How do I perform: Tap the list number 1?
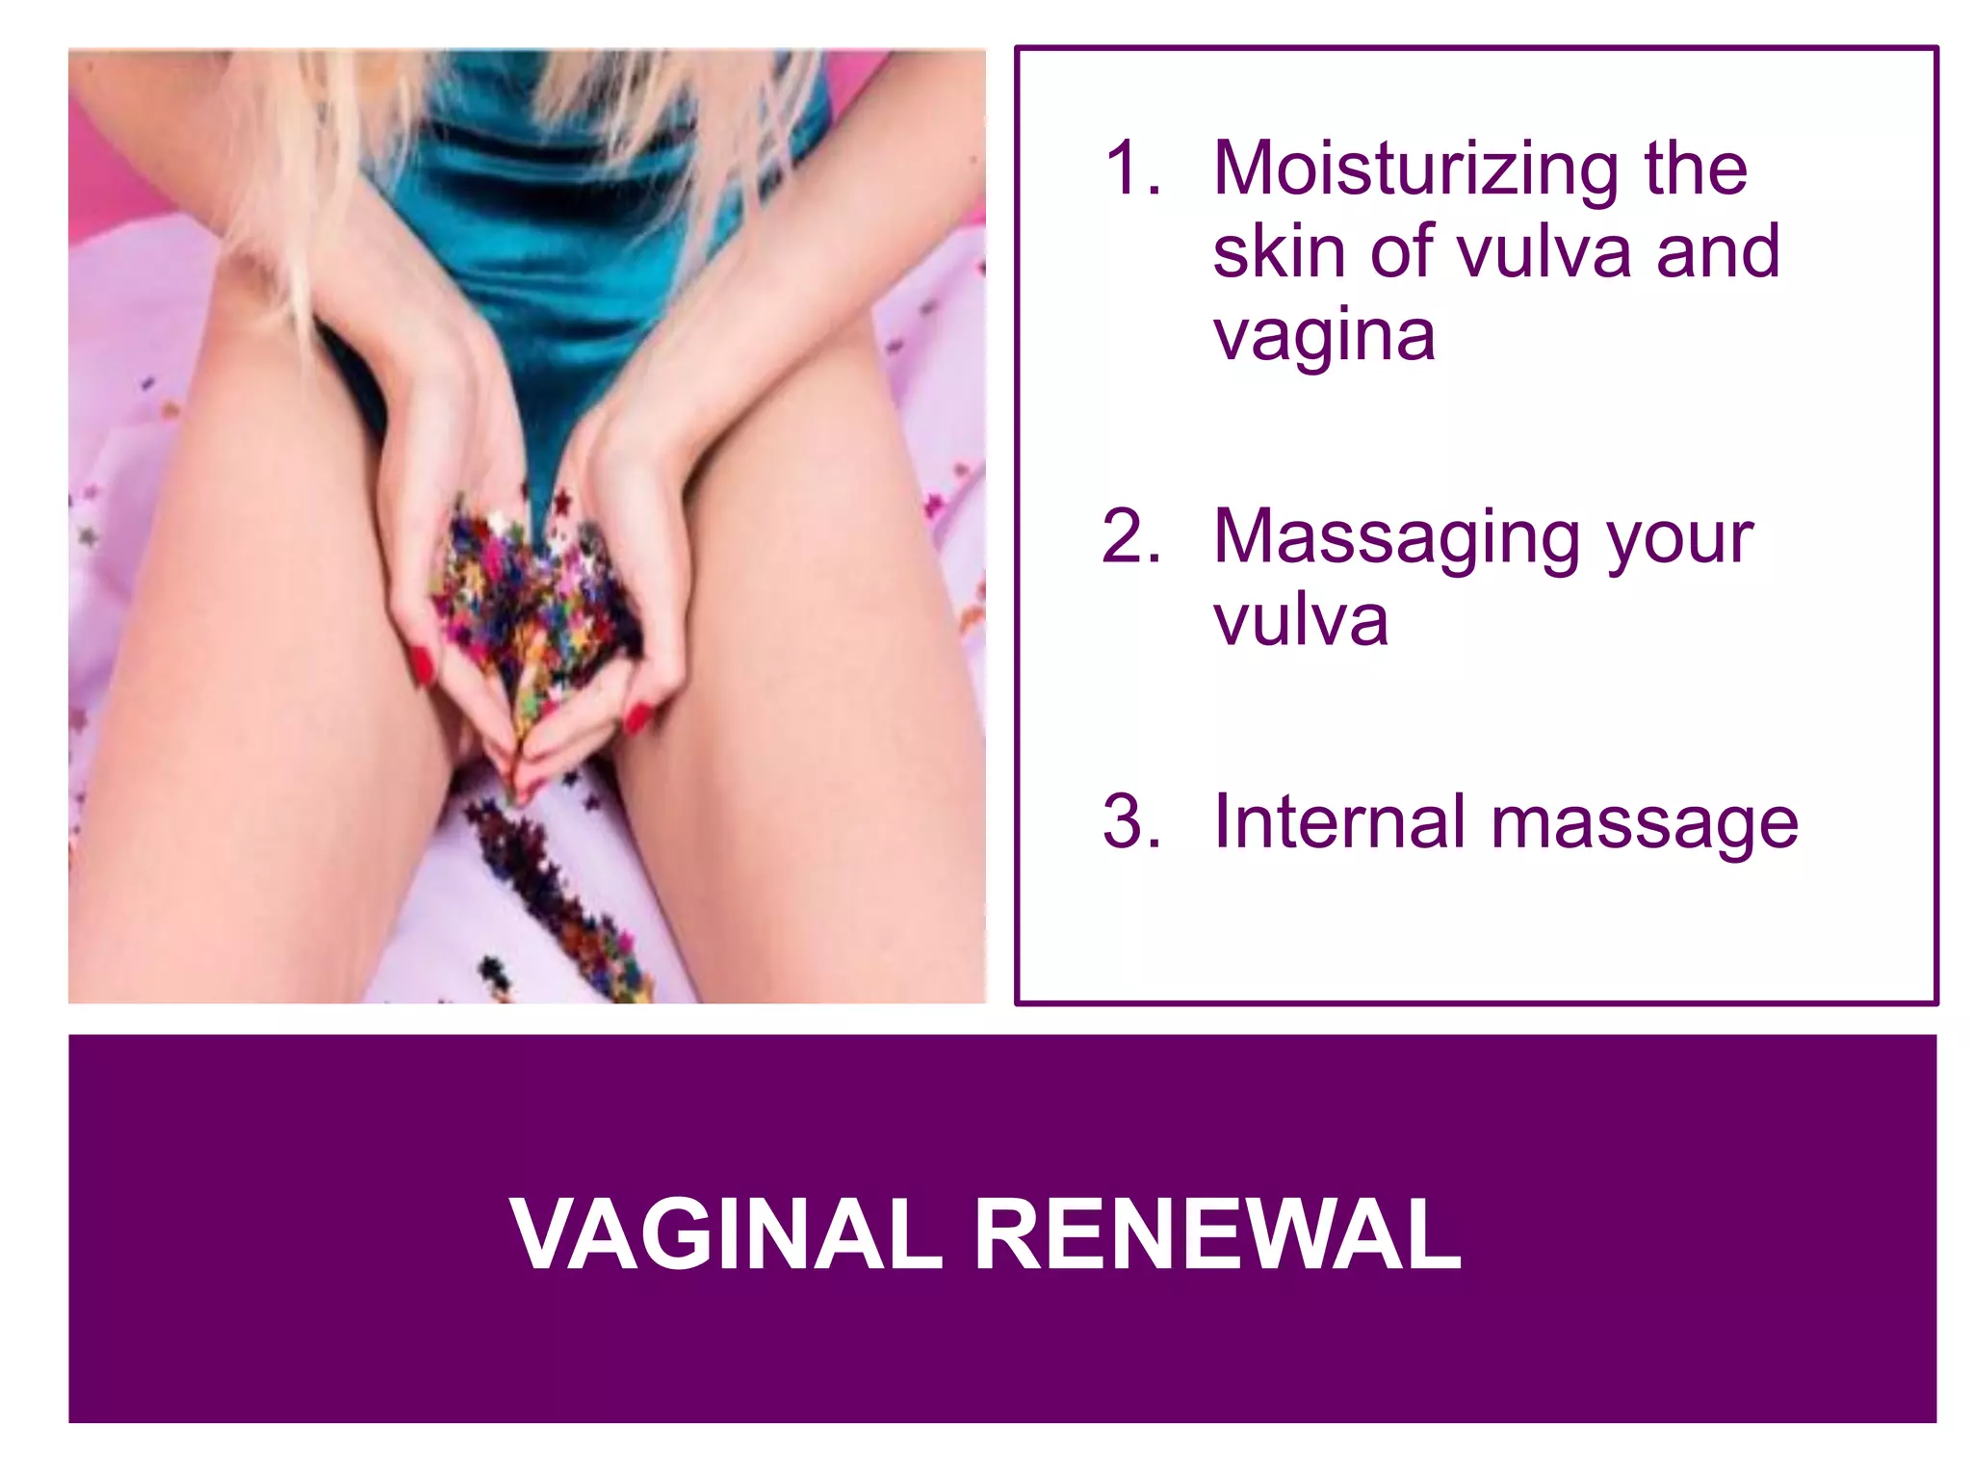pos(1130,170)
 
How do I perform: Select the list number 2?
pos(1130,537)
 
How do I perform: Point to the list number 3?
pos(1130,823)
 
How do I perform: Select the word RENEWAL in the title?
pos(1219,1235)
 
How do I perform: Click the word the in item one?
pos(1696,170)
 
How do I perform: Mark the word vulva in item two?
pos(1301,621)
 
